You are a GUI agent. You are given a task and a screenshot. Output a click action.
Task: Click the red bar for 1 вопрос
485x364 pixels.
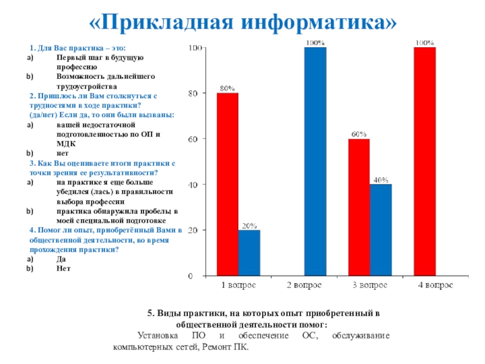pyautogui.click(x=227, y=184)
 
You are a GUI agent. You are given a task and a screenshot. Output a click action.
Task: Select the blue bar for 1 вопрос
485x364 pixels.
pyautogui.click(x=249, y=253)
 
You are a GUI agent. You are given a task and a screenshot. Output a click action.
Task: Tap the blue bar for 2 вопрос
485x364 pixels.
pyautogui.click(x=315, y=161)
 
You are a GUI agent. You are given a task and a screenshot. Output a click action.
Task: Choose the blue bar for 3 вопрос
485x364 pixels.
pyautogui.click(x=381, y=230)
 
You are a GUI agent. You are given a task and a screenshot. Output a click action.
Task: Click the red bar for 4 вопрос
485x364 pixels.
pyautogui.click(x=424, y=161)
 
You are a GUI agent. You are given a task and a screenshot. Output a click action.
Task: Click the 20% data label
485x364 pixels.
pyautogui.click(x=249, y=226)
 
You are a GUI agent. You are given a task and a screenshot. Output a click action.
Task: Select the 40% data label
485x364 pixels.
pyautogui.click(x=381, y=180)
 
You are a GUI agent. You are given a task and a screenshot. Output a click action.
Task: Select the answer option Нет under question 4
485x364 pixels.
pyautogui.click(x=63, y=268)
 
